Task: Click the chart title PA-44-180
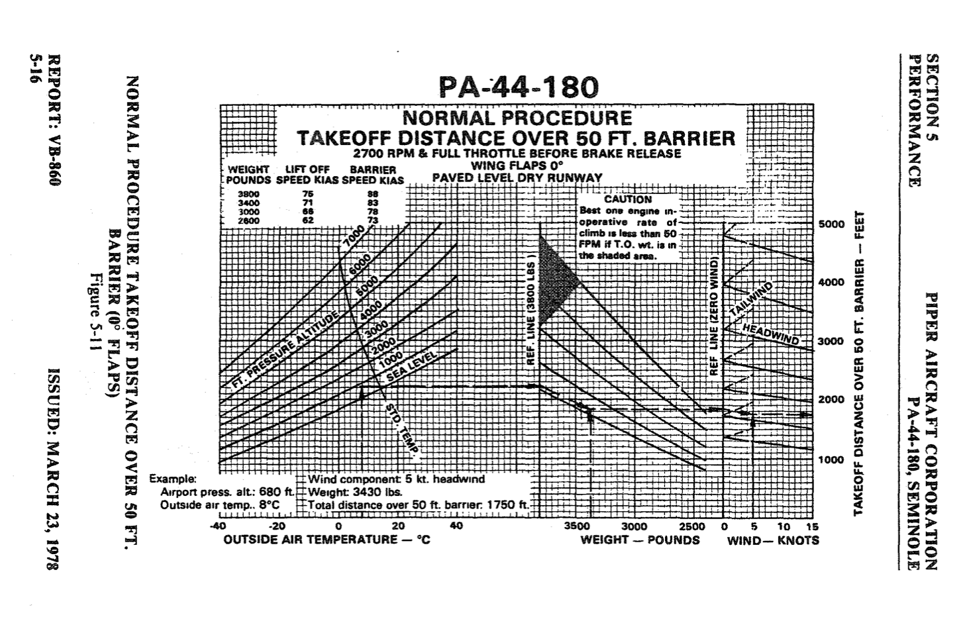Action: point(518,87)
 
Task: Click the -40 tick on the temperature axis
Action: point(218,526)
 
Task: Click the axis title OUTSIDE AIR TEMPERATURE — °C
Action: point(327,540)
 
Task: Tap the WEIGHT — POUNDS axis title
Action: point(640,540)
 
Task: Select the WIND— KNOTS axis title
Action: point(773,540)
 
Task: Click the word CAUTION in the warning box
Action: point(627,199)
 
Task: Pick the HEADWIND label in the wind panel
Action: point(770,334)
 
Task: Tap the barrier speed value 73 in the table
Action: point(373,220)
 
